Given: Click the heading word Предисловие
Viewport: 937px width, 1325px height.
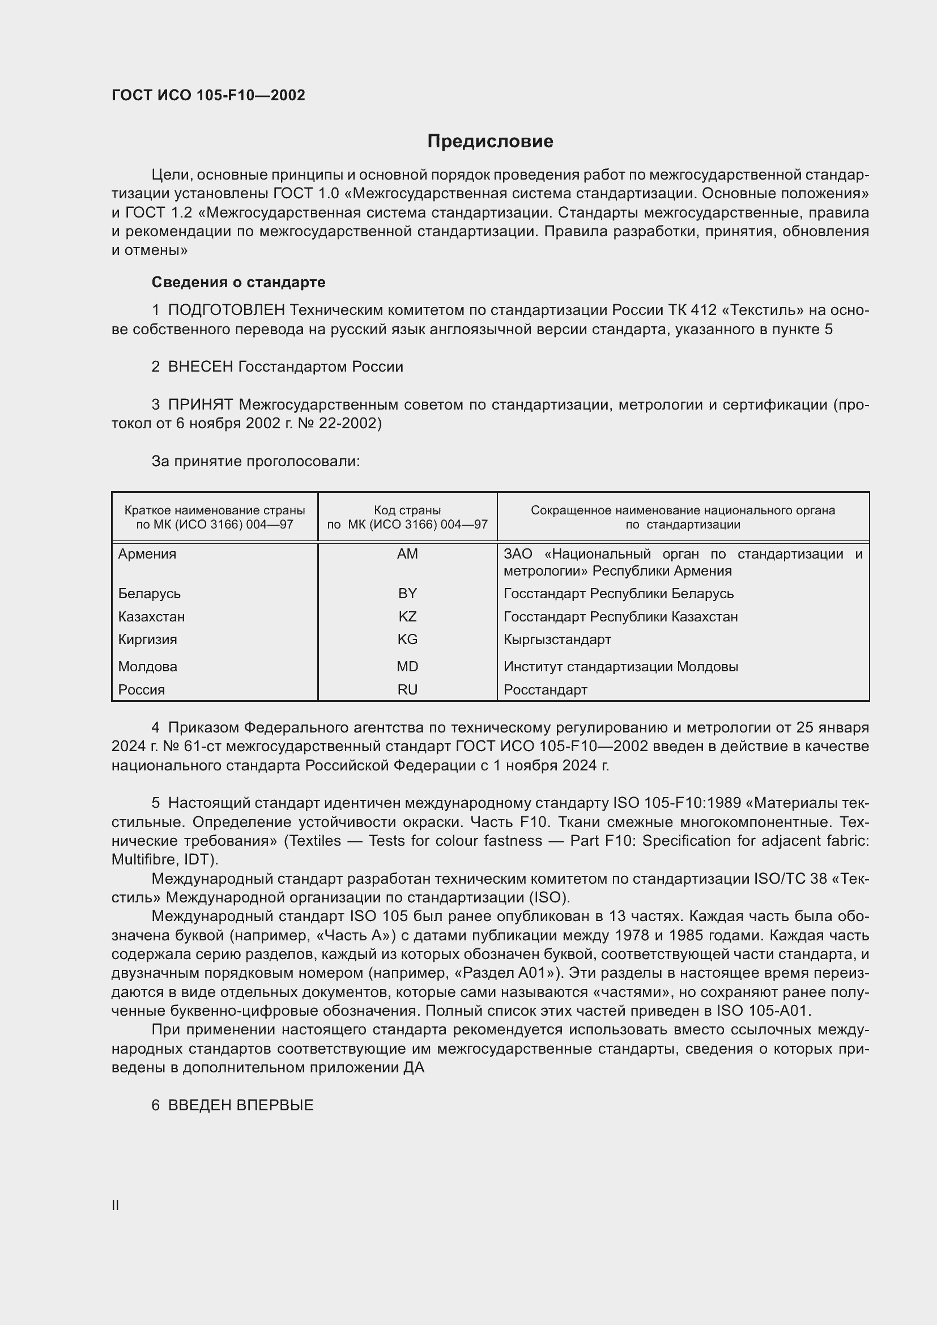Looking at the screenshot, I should pyautogui.click(x=490, y=142).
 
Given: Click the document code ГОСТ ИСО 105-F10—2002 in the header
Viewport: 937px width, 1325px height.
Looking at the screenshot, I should pyautogui.click(x=208, y=95).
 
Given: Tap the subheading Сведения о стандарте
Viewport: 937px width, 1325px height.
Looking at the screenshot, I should pyautogui.click(x=238, y=282).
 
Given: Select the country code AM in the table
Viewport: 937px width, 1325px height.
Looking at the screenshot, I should pyautogui.click(x=407, y=554).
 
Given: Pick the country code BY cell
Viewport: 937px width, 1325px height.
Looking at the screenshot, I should pyautogui.click(x=407, y=593).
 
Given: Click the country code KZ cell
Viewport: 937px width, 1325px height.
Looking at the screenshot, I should pyautogui.click(x=407, y=616).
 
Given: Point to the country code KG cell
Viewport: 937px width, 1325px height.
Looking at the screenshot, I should pyautogui.click(x=407, y=640).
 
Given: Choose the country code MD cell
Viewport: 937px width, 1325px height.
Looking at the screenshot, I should pyautogui.click(x=407, y=667).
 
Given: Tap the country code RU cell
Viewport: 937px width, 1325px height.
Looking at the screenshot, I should pyautogui.click(x=407, y=689).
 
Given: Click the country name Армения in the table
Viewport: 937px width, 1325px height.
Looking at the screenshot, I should pyautogui.click(x=147, y=554).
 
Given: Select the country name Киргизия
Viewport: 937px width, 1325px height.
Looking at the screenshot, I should pyautogui.click(x=148, y=640).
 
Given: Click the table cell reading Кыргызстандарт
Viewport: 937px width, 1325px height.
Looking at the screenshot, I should pyautogui.click(x=557, y=640).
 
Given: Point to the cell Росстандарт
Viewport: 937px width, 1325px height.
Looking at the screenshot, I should pyautogui.click(x=545, y=689).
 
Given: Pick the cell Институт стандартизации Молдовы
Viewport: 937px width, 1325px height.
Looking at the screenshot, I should pyautogui.click(x=621, y=667).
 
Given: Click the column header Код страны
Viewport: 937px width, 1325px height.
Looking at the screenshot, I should pyautogui.click(x=407, y=510).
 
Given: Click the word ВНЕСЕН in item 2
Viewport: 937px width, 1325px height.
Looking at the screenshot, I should pyautogui.click(x=200, y=367).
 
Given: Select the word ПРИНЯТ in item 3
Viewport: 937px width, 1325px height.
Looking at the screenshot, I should pyautogui.click(x=200, y=405).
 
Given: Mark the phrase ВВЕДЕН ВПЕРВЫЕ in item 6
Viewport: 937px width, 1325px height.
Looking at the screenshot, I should pyautogui.click(x=241, y=1105).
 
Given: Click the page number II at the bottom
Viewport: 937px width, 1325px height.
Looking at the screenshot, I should pyautogui.click(x=116, y=1205).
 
